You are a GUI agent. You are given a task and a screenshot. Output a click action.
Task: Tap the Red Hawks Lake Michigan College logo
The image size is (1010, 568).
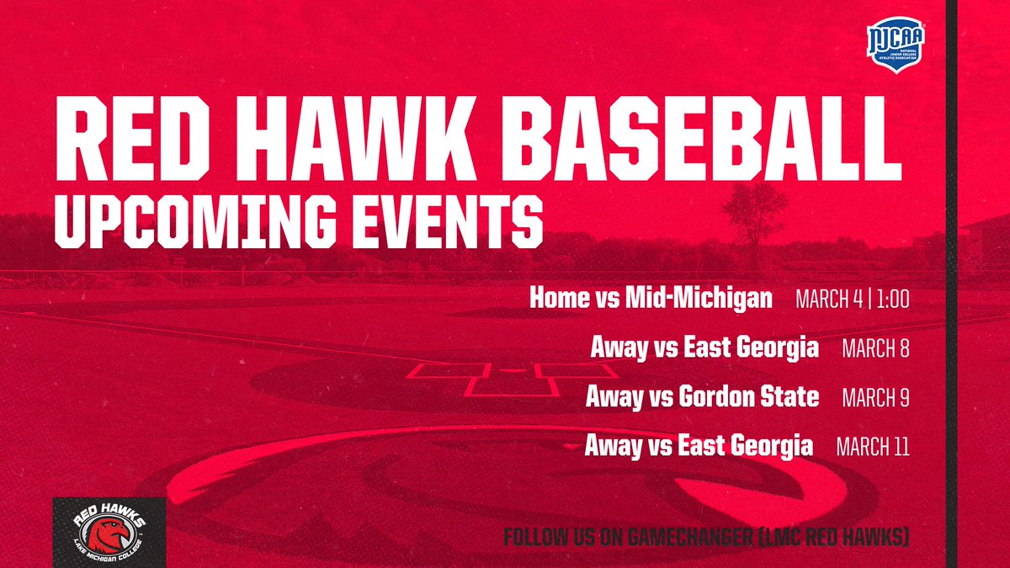pos(109,533)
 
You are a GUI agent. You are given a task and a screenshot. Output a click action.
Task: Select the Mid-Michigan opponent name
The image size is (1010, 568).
pos(699,299)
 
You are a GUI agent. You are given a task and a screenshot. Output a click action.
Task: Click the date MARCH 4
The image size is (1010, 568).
pos(834,299)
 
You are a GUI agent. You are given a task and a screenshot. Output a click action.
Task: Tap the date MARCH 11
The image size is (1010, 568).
pos(873,446)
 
